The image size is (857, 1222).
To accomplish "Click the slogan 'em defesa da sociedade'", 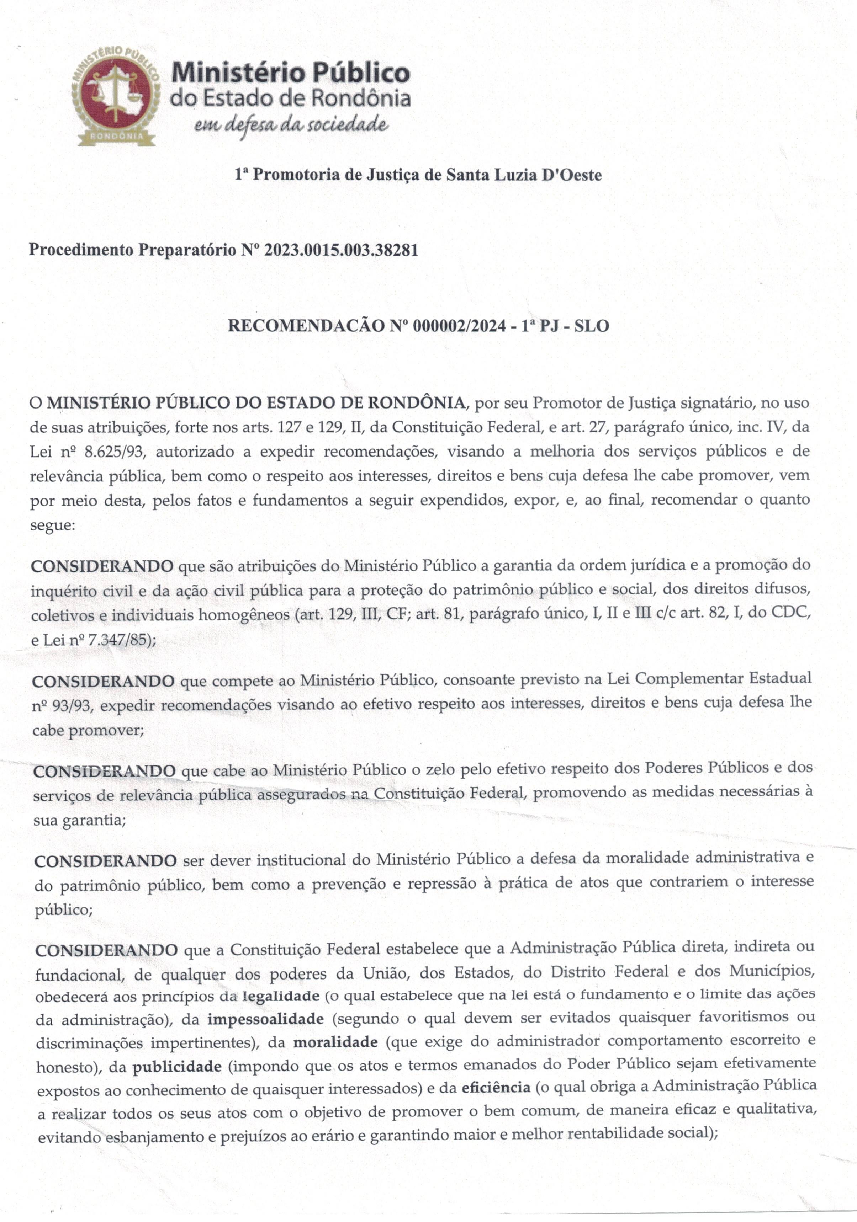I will [290, 125].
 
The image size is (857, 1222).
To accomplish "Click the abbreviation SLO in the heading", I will [591, 326].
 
